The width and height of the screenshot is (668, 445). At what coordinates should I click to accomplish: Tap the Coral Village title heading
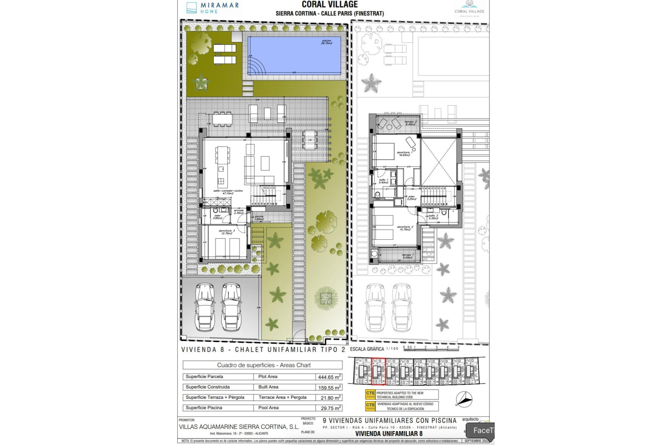(329, 5)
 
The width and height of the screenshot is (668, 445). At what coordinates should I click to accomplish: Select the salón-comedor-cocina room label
(228, 192)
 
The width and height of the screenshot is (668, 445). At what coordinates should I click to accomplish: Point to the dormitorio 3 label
(226, 232)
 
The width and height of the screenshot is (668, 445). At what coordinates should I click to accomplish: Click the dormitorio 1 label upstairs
(405, 154)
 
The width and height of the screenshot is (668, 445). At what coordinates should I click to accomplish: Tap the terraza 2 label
(411, 123)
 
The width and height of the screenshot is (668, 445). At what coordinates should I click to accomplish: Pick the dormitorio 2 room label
(405, 228)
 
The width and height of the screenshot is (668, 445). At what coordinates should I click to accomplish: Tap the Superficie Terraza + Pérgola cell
(215, 397)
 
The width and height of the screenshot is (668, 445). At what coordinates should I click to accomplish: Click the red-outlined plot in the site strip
(378, 372)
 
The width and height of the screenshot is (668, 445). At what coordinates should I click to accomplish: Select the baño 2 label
(433, 217)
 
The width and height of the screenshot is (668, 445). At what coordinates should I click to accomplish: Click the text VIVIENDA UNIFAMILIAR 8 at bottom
(389, 434)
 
